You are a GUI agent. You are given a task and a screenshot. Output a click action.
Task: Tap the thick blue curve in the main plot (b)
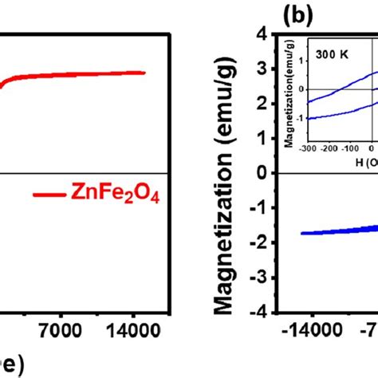click(335, 230)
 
